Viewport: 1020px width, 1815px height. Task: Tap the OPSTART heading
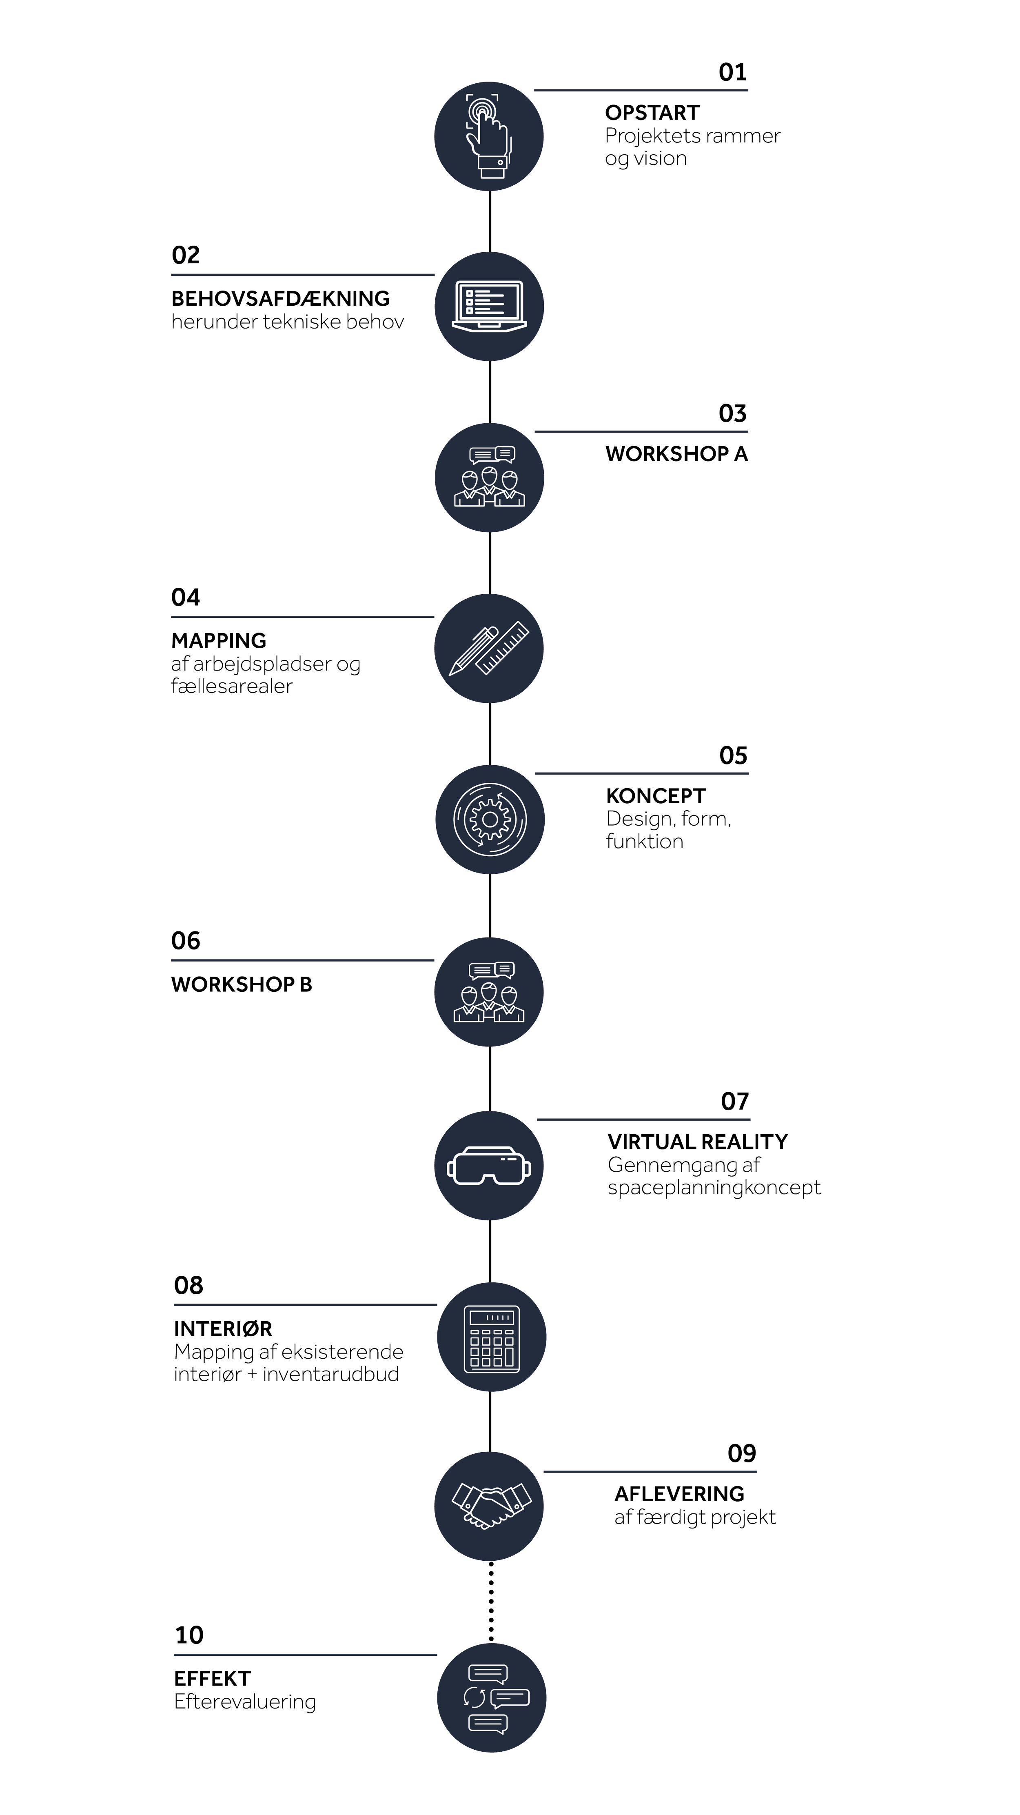tap(652, 113)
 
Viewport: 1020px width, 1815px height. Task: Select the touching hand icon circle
tap(489, 136)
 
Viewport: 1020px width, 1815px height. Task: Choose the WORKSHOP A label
tap(676, 454)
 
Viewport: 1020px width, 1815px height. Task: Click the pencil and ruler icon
tap(489, 648)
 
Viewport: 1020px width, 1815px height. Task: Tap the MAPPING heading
tap(218, 641)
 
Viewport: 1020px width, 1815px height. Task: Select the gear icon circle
tap(490, 820)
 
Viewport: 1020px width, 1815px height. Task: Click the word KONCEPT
tap(656, 796)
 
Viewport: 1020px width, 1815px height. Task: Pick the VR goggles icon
tap(489, 1165)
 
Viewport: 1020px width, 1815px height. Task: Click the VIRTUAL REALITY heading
tap(697, 1142)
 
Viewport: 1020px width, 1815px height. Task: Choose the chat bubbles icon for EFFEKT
tap(491, 1698)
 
